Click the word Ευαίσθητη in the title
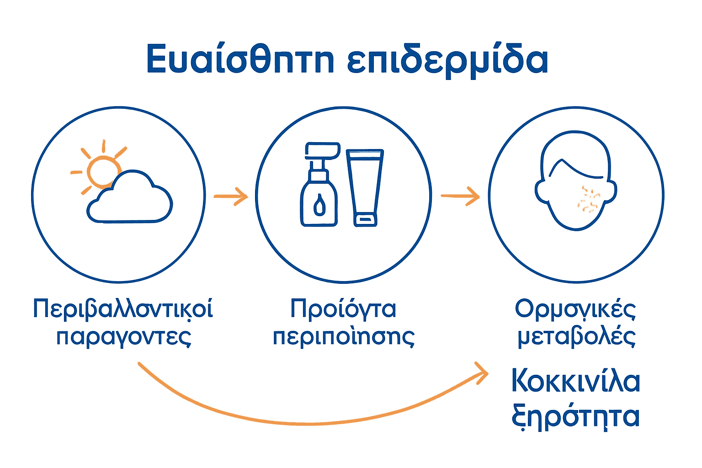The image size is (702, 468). [240, 59]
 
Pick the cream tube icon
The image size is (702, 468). [365, 187]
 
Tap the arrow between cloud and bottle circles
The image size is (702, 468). [231, 197]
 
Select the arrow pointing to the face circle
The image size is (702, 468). [460, 196]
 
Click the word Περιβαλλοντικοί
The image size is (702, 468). [123, 309]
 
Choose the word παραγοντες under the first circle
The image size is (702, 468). [123, 337]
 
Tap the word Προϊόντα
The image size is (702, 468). [343, 309]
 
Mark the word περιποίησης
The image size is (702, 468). [344, 337]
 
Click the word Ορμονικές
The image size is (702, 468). [575, 309]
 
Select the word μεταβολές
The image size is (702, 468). [576, 337]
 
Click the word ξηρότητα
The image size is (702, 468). [575, 416]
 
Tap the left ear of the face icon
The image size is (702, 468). [542, 191]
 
